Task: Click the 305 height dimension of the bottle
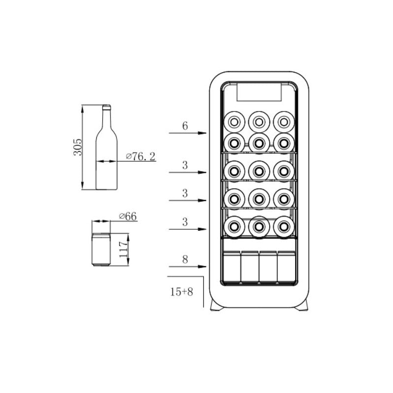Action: tap(78, 147)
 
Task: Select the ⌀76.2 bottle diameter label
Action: tap(140, 157)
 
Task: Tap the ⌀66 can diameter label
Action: tap(128, 216)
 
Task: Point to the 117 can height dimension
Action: tap(124, 250)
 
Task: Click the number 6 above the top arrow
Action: tap(185, 126)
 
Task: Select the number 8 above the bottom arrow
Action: tap(185, 259)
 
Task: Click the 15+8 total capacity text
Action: tap(181, 292)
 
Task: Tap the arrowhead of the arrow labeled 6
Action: tap(202, 133)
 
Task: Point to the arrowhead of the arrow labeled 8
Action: tap(202, 266)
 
